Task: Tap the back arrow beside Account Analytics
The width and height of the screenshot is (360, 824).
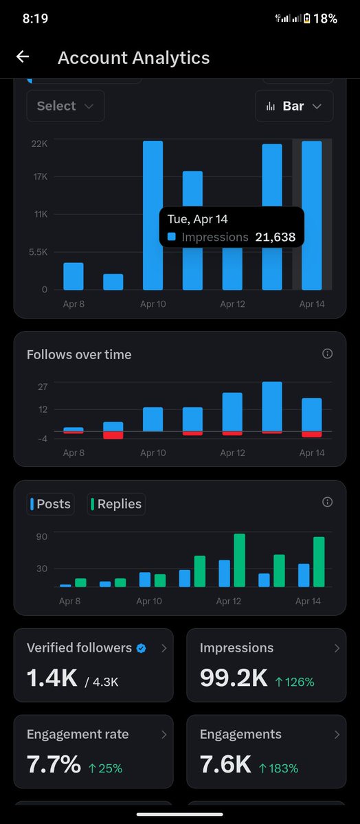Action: coord(23,58)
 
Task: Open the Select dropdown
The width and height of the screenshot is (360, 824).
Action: coord(65,106)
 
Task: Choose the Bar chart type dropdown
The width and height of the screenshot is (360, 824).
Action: coord(294,106)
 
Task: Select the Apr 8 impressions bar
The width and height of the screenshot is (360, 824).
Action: coord(74,276)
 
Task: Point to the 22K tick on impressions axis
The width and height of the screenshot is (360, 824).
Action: coord(38,144)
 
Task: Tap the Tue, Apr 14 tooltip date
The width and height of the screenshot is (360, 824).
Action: coord(198,219)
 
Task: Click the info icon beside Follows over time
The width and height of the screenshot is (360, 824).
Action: coord(327,354)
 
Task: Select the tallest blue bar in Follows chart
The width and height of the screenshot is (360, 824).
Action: coord(272,407)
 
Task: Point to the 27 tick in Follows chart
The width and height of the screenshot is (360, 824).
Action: coord(43,387)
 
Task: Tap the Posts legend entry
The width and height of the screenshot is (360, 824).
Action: coord(50,504)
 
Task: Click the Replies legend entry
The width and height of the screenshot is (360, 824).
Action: coord(116,504)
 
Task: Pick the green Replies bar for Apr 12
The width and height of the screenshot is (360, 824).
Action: coord(240,560)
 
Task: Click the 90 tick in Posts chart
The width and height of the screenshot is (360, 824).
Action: coord(42,536)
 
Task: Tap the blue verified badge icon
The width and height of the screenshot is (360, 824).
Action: coord(141,648)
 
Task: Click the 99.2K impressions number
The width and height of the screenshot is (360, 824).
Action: coord(234,678)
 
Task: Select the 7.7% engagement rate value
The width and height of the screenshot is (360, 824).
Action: coord(54,764)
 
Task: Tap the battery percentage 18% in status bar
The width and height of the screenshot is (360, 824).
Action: coord(325,19)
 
